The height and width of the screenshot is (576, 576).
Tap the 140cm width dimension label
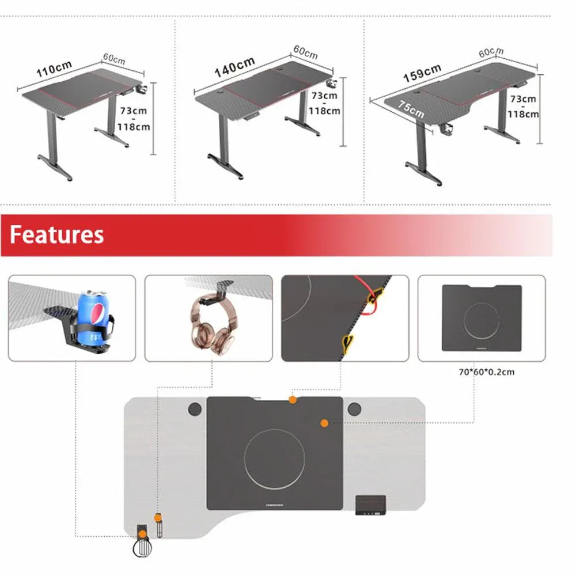pos(234,67)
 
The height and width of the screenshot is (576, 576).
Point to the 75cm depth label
pos(411,109)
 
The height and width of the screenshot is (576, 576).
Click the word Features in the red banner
pos(56,235)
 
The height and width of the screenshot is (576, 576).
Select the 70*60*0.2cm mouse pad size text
pos(486,372)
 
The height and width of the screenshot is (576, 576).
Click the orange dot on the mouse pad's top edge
pos(293,399)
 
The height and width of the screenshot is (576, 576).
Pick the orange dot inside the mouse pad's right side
pos(324,423)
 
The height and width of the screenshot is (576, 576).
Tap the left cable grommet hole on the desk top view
pos(195,409)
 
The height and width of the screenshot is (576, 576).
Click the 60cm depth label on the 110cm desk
pos(114,59)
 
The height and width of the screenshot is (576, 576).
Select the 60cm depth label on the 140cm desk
pos(305,52)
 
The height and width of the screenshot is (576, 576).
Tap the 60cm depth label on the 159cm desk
pos(491,52)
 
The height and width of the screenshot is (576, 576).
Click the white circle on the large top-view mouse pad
pos(274,460)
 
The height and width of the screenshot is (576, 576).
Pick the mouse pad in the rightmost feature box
pos(481,318)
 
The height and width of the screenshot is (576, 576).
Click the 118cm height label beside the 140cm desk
pos(324,111)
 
